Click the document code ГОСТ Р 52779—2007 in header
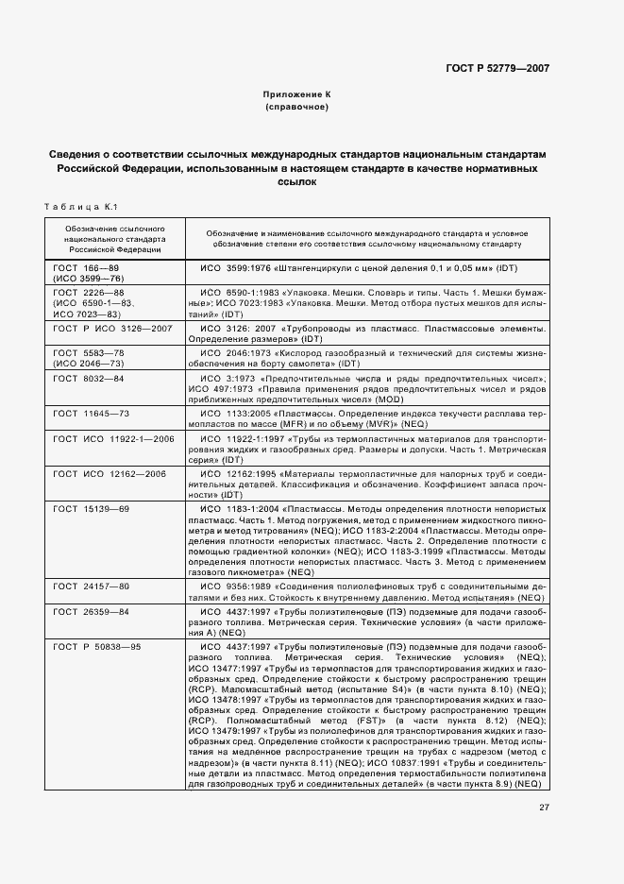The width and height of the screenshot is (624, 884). click(499, 69)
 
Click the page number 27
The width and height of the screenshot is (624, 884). click(544, 807)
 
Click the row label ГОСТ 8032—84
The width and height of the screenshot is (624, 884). click(89, 378)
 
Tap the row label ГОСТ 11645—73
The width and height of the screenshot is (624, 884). click(91, 414)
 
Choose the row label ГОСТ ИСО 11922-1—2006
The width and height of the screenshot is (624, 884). click(113, 439)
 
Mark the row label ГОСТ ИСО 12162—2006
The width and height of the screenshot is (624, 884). click(110, 472)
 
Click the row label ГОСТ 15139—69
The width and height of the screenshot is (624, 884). click(91, 509)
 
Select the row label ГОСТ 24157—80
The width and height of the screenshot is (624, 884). click(91, 586)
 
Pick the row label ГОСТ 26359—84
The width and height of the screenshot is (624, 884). click(91, 611)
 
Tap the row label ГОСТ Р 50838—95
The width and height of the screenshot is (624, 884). click(97, 646)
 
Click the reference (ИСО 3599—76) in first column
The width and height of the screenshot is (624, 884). click(89, 280)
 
